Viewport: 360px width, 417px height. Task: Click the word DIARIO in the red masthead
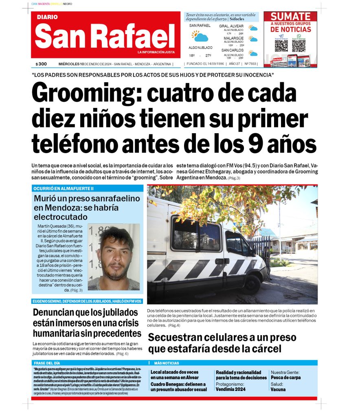[47, 18]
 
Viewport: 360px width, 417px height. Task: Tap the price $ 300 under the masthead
[41, 64]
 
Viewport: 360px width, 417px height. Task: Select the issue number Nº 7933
[250, 64]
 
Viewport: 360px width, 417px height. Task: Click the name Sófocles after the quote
[237, 19]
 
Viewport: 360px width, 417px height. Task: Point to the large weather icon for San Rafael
[200, 37]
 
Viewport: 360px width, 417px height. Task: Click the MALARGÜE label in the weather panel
[233, 38]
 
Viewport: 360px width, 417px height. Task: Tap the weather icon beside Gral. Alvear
[253, 29]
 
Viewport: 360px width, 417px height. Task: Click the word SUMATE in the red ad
[290, 17]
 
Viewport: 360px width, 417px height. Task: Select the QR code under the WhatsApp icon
[299, 46]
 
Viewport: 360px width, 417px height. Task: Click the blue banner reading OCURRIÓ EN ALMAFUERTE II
[88, 188]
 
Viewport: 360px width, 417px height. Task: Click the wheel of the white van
[251, 284]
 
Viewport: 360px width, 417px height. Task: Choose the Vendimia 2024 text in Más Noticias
[230, 389]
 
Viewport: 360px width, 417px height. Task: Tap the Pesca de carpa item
[285, 377]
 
